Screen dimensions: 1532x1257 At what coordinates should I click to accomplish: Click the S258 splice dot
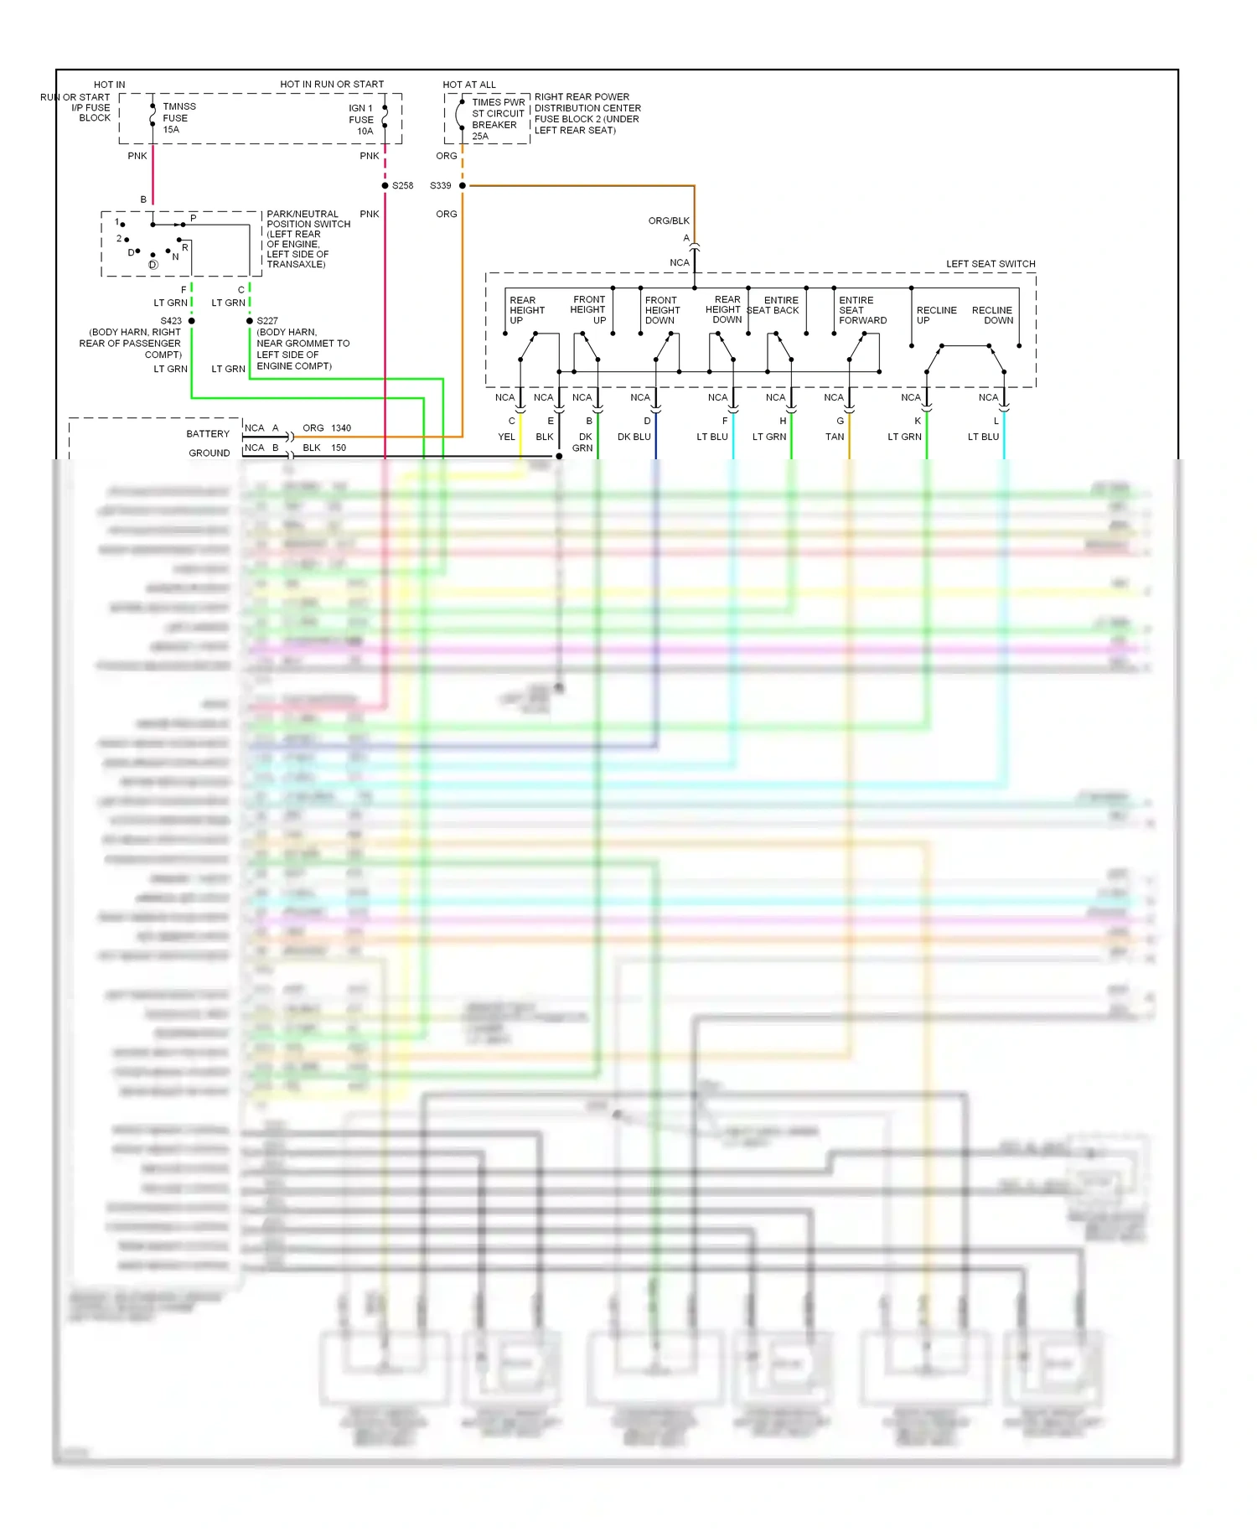[x=385, y=185]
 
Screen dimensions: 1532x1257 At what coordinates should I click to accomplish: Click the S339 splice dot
[x=462, y=185]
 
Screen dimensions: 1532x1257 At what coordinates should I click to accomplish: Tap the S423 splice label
[x=171, y=321]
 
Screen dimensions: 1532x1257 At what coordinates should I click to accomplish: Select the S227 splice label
[x=267, y=321]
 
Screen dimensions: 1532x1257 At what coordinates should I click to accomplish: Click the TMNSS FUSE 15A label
[x=178, y=118]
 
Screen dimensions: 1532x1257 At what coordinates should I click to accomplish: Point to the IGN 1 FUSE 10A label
[x=361, y=120]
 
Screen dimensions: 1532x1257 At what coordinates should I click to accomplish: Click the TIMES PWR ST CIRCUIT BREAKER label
[x=497, y=119]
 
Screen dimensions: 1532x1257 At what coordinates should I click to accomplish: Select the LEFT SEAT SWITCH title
[x=991, y=264]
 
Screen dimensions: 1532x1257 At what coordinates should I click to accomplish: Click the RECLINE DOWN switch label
[x=993, y=315]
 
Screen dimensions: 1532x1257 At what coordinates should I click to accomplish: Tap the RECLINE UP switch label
[x=935, y=315]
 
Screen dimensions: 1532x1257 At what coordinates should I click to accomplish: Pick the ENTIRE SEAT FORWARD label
[x=861, y=310]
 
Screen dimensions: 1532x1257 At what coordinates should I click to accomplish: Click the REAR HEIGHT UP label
[x=526, y=310]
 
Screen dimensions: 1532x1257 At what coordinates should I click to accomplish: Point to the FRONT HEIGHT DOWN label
[x=662, y=310]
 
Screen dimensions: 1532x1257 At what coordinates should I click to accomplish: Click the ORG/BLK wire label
[x=669, y=221]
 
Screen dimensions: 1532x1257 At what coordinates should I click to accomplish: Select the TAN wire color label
[x=835, y=437]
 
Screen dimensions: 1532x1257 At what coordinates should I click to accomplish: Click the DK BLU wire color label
[x=634, y=437]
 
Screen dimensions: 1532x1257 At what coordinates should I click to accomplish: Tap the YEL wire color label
[x=506, y=437]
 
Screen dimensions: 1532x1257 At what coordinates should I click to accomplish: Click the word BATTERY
[x=208, y=434]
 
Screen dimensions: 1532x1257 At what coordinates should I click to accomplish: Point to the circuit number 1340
[x=341, y=428]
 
